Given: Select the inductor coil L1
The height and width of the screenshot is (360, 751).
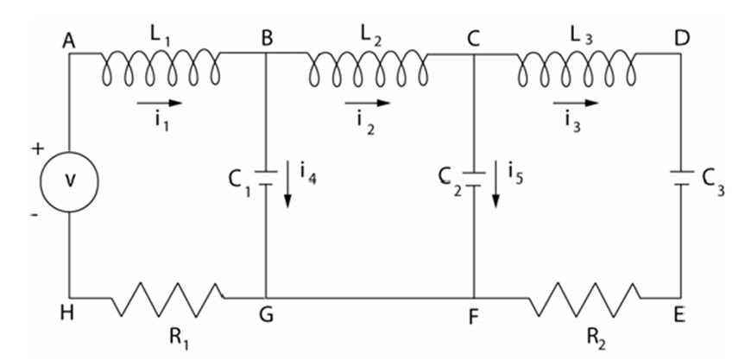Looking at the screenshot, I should point(161,67).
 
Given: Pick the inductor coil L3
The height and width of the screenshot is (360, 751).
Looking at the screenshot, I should point(577,67).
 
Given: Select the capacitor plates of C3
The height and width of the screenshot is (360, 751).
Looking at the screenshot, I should point(681,182).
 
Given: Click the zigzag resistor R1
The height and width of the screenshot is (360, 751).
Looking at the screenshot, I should point(167,299).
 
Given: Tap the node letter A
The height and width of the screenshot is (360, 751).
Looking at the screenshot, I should point(68,40).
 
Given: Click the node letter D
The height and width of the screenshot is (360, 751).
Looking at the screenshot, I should point(683,40).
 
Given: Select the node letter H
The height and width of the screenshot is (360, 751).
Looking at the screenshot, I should point(68,315).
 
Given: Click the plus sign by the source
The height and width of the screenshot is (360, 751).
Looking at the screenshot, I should point(37,148).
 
